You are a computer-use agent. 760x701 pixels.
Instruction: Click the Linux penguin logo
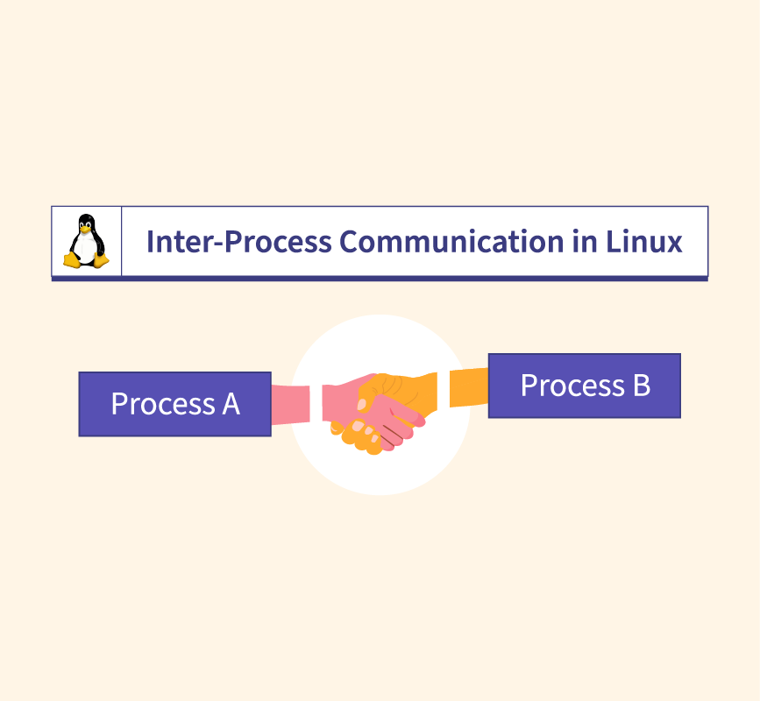tap(86, 241)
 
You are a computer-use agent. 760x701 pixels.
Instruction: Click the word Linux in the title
tap(644, 241)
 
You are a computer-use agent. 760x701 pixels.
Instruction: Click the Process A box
tap(174, 404)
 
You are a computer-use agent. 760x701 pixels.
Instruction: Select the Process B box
tap(584, 386)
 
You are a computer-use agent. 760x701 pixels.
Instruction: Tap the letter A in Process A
tap(229, 404)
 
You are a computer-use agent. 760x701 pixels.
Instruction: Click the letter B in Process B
tap(640, 386)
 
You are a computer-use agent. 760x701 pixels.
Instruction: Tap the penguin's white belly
tap(85, 248)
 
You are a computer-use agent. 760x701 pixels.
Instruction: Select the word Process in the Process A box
tap(160, 404)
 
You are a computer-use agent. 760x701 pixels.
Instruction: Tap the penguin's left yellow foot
tap(71, 260)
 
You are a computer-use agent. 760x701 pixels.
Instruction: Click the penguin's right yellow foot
tap(101, 260)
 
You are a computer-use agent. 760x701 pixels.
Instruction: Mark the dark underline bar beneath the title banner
tap(380, 279)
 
